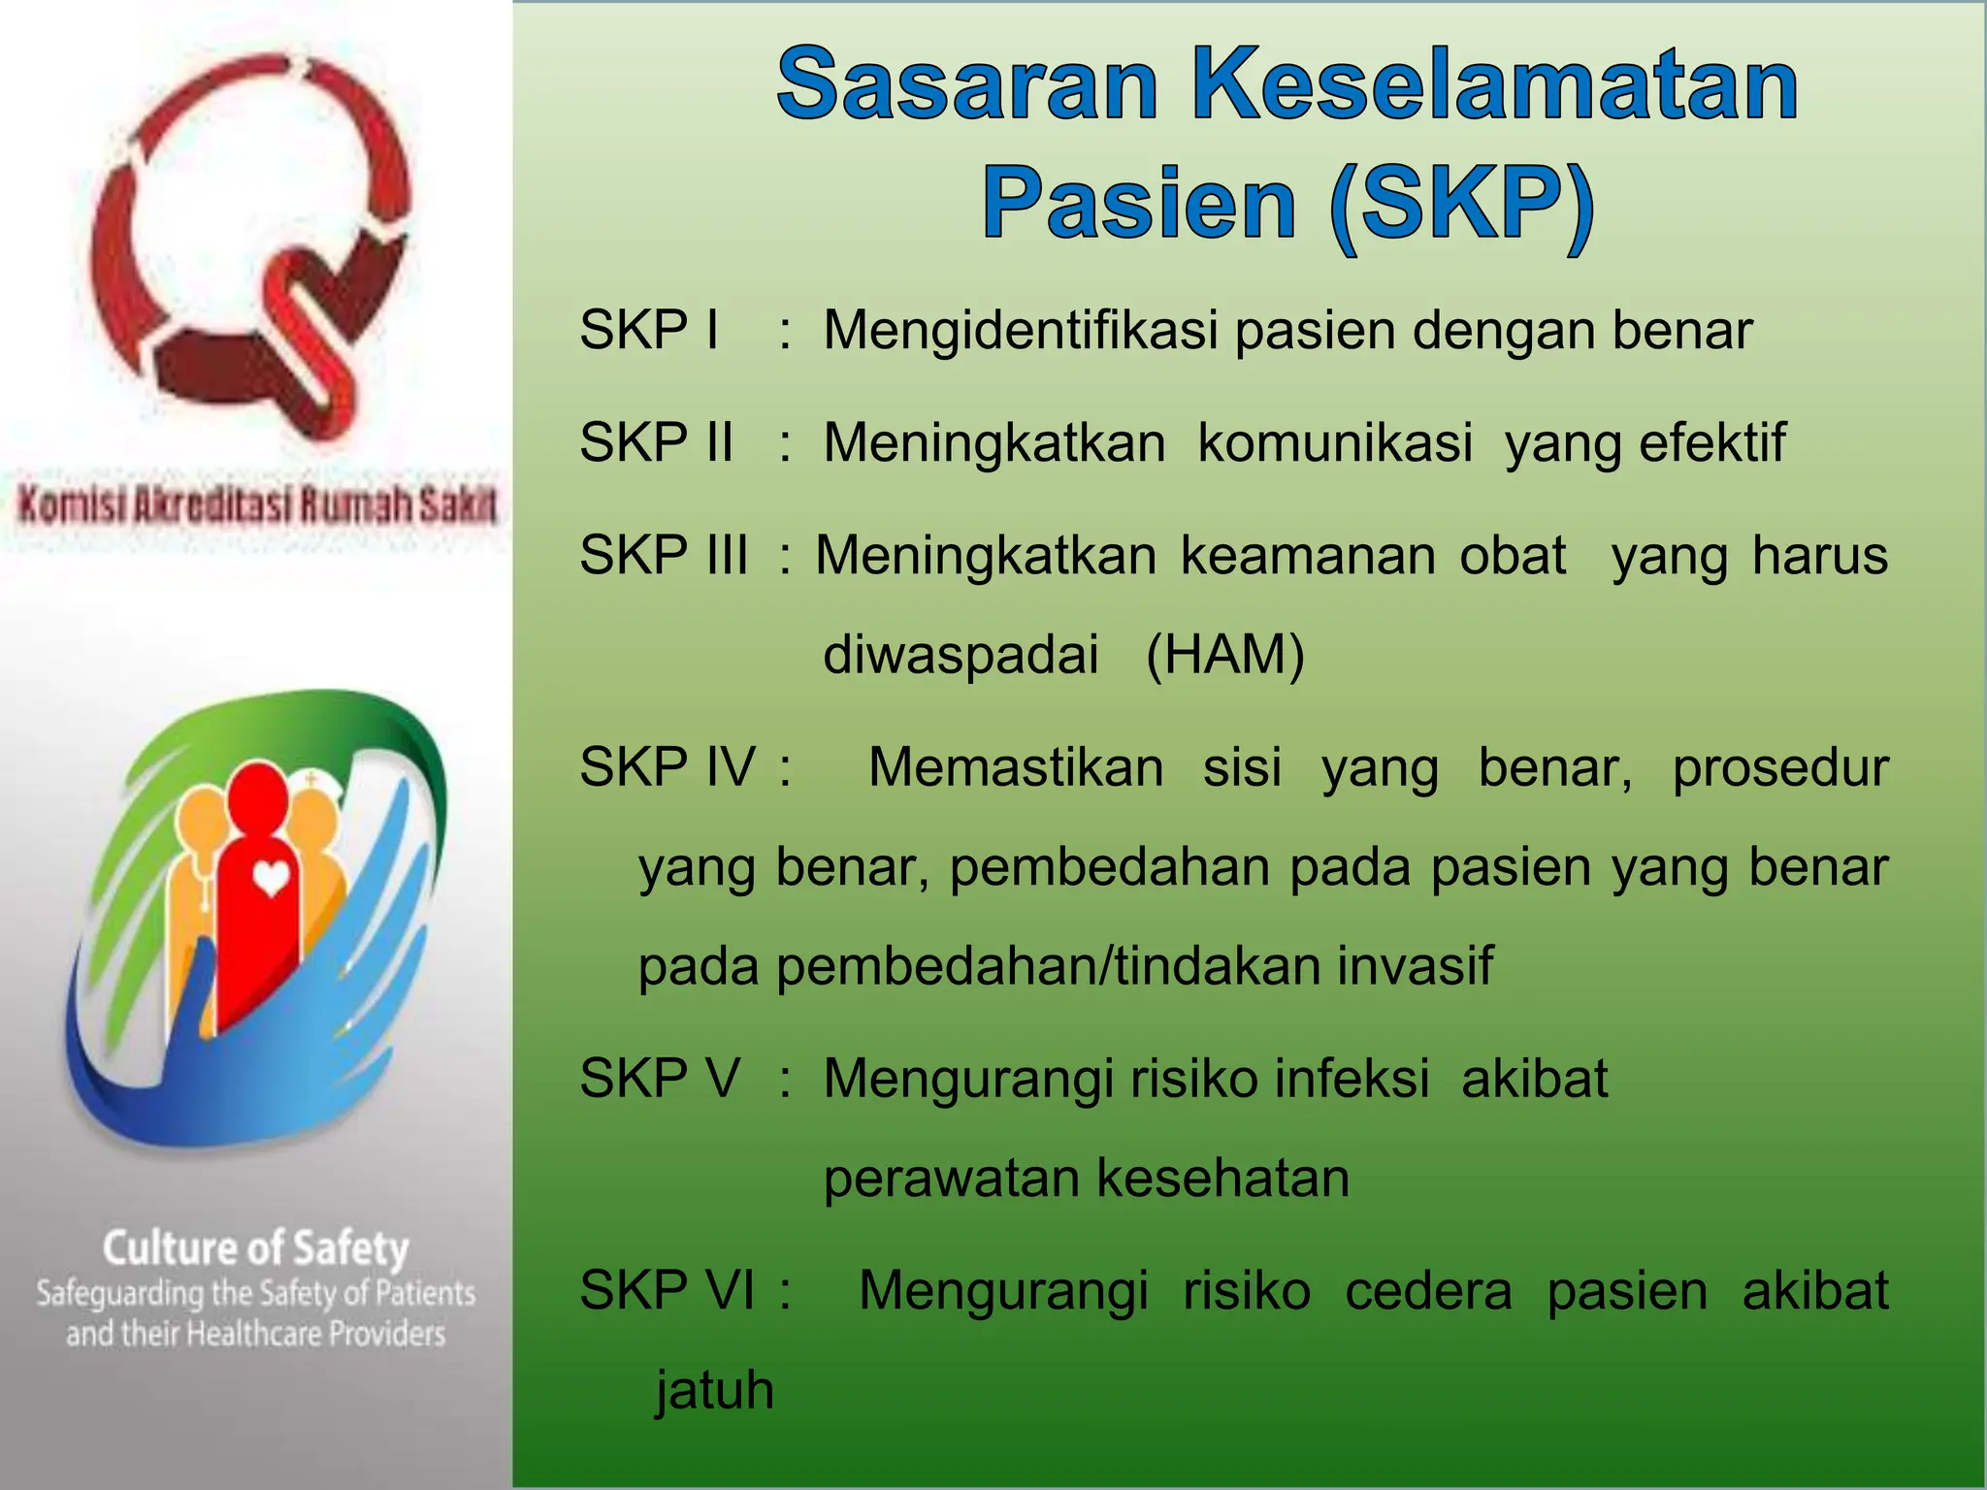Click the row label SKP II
click(x=656, y=442)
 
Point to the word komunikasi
click(x=1335, y=442)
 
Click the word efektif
click(x=1712, y=442)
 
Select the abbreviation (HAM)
click(x=1224, y=654)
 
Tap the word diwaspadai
click(x=961, y=654)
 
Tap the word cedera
click(x=1428, y=1290)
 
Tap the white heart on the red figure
click(x=271, y=879)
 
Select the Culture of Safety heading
click(x=256, y=1248)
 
